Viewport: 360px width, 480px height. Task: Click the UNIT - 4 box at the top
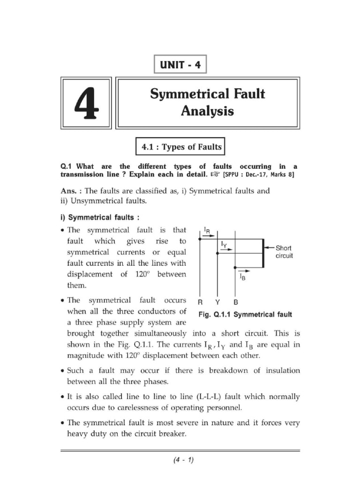point(180,65)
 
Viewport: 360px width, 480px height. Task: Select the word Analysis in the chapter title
point(208,112)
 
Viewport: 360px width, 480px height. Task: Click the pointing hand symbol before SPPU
point(215,174)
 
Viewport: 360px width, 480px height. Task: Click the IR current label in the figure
point(207,230)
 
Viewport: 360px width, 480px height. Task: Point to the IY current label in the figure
point(224,244)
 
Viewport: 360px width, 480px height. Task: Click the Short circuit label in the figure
point(284,252)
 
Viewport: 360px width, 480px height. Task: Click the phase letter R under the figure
point(200,303)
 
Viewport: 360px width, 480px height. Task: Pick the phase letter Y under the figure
point(217,303)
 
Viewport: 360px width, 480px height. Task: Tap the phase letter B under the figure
point(236,303)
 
